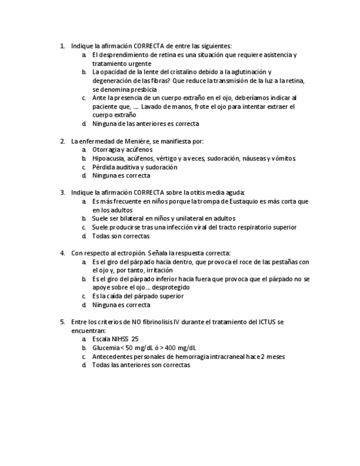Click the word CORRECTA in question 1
[149, 46]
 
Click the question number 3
[62, 193]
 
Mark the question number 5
[62, 321]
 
